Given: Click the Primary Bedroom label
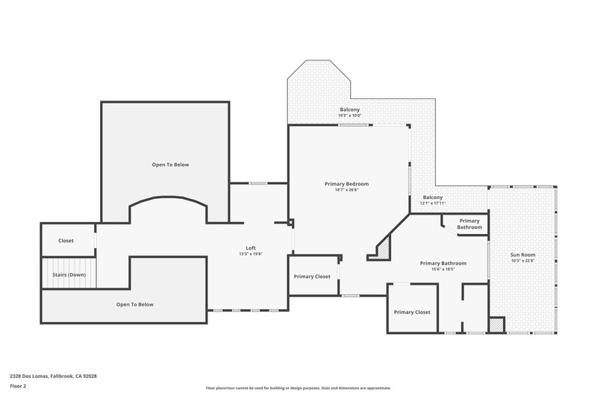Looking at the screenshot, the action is point(346,184).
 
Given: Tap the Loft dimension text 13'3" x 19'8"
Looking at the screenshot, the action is point(251,254).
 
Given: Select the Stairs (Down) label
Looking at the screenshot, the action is point(69,274).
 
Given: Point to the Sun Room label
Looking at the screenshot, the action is point(523,255).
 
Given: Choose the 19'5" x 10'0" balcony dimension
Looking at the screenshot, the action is point(349,116).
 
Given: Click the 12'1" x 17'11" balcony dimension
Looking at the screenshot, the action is point(433,203).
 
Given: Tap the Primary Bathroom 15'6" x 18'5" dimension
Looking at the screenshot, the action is point(443,269).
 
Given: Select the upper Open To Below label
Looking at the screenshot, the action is point(170,165).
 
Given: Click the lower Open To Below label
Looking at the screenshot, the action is point(135,305).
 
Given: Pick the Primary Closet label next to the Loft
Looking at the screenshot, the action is point(312,276).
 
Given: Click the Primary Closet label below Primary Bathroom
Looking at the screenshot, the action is point(412,312).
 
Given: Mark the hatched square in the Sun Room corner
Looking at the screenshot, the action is point(496,326).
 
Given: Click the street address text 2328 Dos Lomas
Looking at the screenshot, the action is point(29,376).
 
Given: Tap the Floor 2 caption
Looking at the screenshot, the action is point(18,386).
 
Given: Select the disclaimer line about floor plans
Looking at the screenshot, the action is point(298,388).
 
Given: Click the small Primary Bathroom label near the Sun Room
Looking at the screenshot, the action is point(469,224).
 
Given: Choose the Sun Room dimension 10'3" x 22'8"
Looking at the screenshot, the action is point(523,261).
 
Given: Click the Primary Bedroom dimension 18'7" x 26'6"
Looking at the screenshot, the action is point(346,190).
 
